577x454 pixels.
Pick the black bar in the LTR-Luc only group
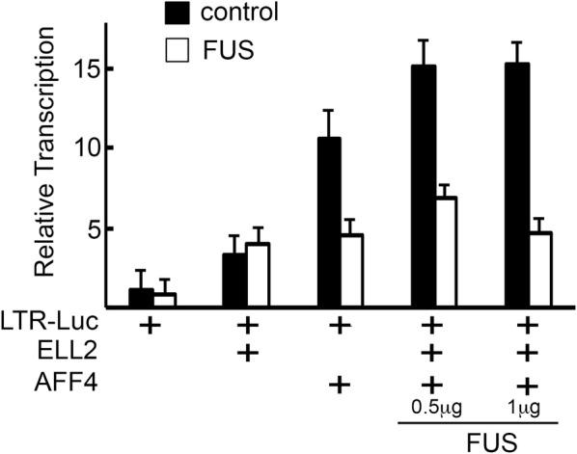tap(142, 298)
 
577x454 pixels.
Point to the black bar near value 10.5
tap(329, 223)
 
